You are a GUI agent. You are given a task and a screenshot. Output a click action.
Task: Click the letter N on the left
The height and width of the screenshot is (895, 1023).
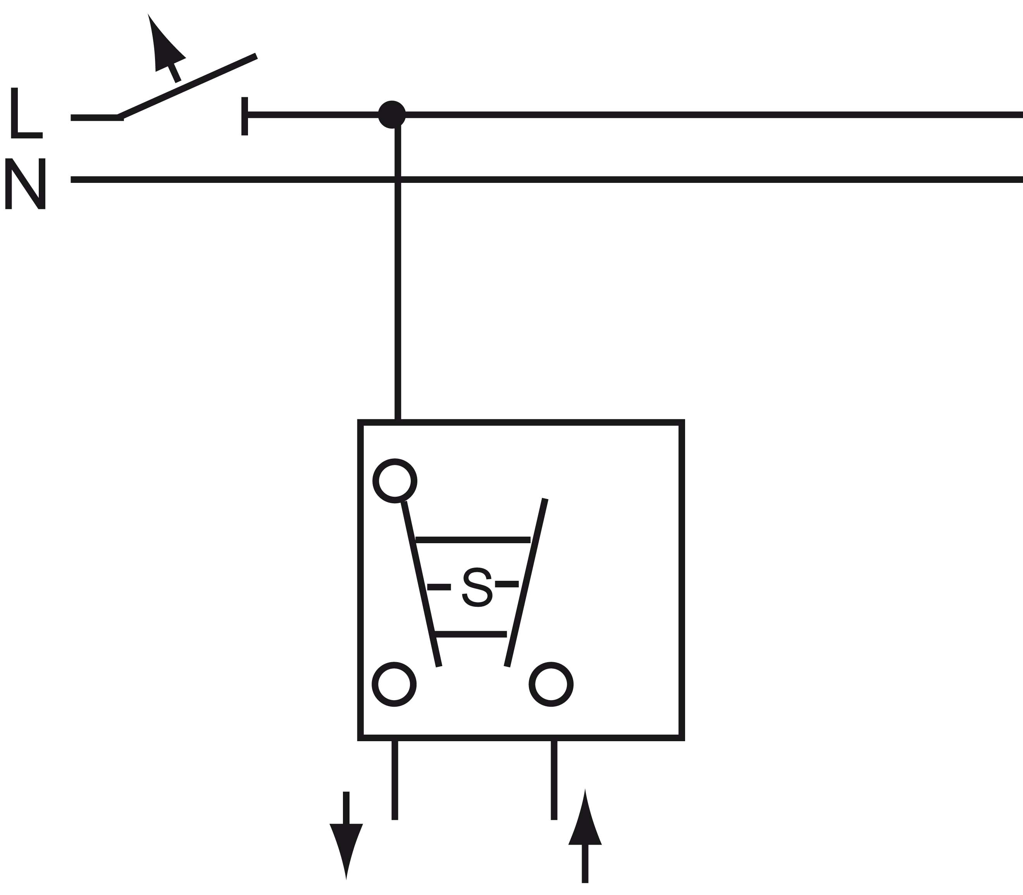tap(26, 183)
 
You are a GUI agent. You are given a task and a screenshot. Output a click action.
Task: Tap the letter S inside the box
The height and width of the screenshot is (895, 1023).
tap(477, 587)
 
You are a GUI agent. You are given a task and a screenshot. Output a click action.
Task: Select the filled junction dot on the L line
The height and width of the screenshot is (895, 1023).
tap(392, 114)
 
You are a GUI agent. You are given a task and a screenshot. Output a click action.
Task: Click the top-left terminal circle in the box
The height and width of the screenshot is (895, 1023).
tap(394, 481)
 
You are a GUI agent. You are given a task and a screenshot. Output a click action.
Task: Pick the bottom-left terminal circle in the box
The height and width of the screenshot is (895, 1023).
tap(394, 684)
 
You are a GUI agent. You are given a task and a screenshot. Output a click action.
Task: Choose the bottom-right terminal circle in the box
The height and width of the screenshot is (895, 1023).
tap(551, 684)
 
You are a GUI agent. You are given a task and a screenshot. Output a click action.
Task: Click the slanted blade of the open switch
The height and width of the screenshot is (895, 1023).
tap(187, 87)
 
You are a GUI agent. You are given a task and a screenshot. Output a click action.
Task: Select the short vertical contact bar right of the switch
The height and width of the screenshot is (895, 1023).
tap(245, 116)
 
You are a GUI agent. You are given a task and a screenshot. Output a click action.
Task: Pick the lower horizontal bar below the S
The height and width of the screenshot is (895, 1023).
tap(471, 634)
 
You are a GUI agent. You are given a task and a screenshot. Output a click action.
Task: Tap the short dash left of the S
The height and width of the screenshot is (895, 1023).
tap(439, 587)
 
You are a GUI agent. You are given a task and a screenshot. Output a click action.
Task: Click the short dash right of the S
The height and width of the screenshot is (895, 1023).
tap(507, 584)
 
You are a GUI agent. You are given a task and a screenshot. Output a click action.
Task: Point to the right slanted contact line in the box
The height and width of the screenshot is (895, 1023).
tap(526, 582)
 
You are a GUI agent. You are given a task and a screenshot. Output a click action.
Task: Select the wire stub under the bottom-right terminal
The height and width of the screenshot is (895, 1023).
tap(554, 780)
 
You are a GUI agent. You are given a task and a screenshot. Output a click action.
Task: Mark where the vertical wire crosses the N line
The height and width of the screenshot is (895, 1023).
tap(398, 179)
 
